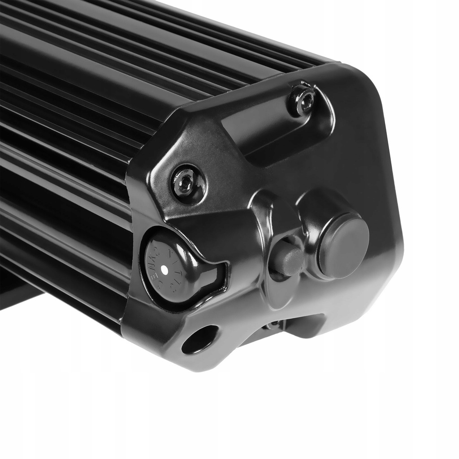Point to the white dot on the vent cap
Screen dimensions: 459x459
[x=165, y=269]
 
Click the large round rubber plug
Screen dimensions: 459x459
[x=343, y=246]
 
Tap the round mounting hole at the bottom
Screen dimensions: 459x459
[x=199, y=339]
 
